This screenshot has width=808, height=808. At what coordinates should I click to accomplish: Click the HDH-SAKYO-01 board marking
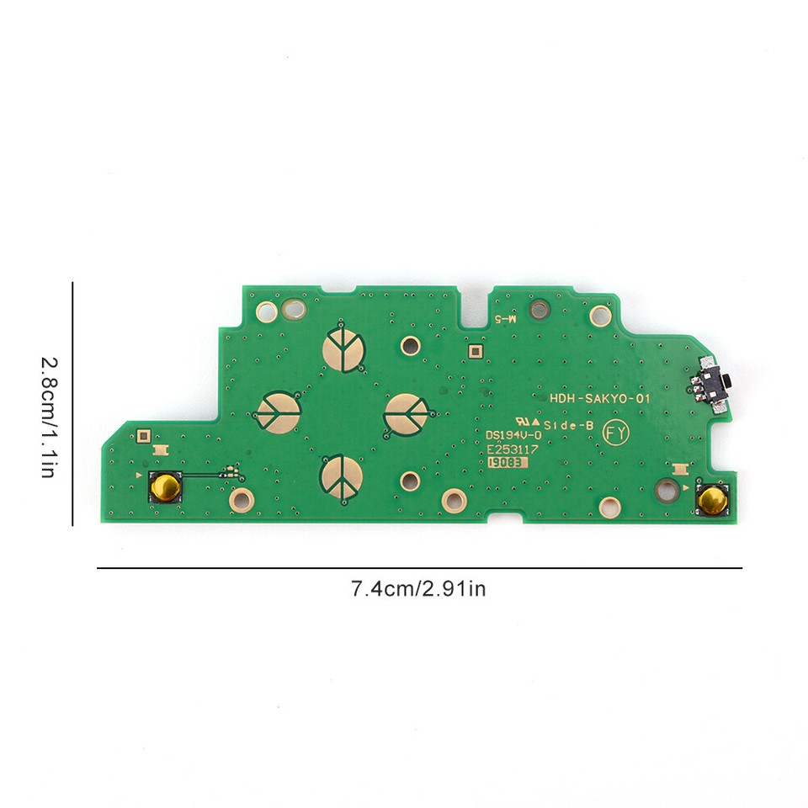pos(599,401)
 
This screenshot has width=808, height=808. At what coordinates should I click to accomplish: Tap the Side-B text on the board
pos(569,426)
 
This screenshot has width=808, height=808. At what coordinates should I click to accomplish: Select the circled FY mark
pos(615,433)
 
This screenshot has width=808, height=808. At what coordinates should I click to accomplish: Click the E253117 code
pos(512,449)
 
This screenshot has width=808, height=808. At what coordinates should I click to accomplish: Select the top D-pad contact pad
pos(343,348)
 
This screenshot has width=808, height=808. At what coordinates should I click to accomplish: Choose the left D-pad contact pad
pos(278,412)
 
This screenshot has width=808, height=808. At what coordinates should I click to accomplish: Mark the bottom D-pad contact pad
pos(342,476)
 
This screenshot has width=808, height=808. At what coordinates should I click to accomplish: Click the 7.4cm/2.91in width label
pos(418,589)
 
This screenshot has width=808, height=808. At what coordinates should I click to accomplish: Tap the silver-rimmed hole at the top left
pos(295,311)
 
